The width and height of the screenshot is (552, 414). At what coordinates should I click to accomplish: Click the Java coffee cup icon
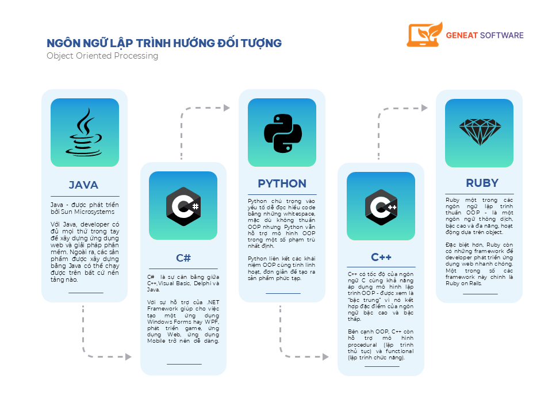click(84, 132)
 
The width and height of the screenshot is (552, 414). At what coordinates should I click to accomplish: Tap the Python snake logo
click(283, 133)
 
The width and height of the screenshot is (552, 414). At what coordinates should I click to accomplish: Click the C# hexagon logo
click(183, 206)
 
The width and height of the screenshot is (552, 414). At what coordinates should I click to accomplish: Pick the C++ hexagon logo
click(381, 207)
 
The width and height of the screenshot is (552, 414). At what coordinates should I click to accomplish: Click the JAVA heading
click(83, 185)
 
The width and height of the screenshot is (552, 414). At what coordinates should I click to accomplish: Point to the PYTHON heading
click(282, 184)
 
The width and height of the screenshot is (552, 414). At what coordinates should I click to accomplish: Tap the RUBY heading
click(482, 183)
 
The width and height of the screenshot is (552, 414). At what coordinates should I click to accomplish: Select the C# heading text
click(183, 258)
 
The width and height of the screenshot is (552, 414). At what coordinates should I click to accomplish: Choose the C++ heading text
click(381, 258)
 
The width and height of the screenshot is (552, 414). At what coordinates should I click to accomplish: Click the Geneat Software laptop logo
click(424, 34)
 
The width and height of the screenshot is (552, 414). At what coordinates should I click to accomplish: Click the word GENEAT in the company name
click(462, 36)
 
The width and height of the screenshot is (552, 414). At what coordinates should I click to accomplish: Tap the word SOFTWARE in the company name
click(502, 36)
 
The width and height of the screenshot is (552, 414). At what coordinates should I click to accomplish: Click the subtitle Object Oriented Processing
click(102, 56)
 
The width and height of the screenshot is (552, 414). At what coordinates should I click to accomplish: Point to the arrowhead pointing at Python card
click(227, 108)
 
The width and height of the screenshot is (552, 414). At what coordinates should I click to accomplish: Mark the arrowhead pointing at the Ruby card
click(424, 108)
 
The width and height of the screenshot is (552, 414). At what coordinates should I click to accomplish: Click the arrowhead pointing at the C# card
click(128, 357)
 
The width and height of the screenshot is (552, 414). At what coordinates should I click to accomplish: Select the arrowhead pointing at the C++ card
click(325, 357)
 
